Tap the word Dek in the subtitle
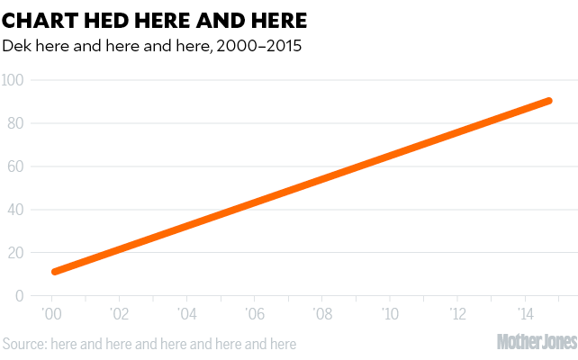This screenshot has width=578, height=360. coord(17,45)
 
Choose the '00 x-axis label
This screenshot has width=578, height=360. coord(51,315)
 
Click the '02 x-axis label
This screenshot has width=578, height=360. coord(119,315)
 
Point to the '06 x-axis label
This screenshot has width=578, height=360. coord(254,315)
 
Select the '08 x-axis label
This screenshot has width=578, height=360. coord(321,315)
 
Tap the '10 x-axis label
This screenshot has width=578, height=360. coord(389,315)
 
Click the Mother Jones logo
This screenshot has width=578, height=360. coord(537,342)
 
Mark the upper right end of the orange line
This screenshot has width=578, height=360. coord(547,101)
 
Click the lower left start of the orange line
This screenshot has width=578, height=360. coord(56,271)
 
